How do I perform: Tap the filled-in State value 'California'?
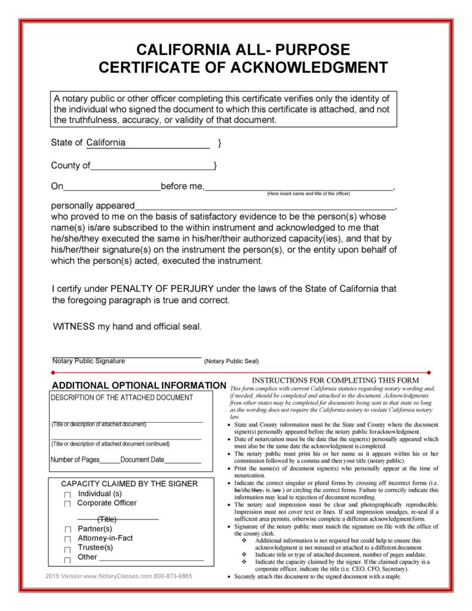tap(106, 143)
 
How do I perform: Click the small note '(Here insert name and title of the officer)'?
tap(308, 194)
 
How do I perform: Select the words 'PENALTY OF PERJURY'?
tap(162, 288)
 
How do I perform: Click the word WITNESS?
tap(73, 326)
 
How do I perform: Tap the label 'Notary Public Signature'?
tap(88, 361)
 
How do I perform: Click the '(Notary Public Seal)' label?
tap(231, 362)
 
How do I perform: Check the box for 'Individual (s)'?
tap(68, 495)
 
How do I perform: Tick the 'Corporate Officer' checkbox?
tap(68, 504)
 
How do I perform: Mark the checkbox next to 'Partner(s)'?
tap(68, 530)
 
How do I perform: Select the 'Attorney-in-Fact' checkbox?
tap(68, 539)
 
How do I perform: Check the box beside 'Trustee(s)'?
tap(68, 548)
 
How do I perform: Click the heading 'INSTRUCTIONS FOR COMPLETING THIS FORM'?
tap(335, 380)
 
